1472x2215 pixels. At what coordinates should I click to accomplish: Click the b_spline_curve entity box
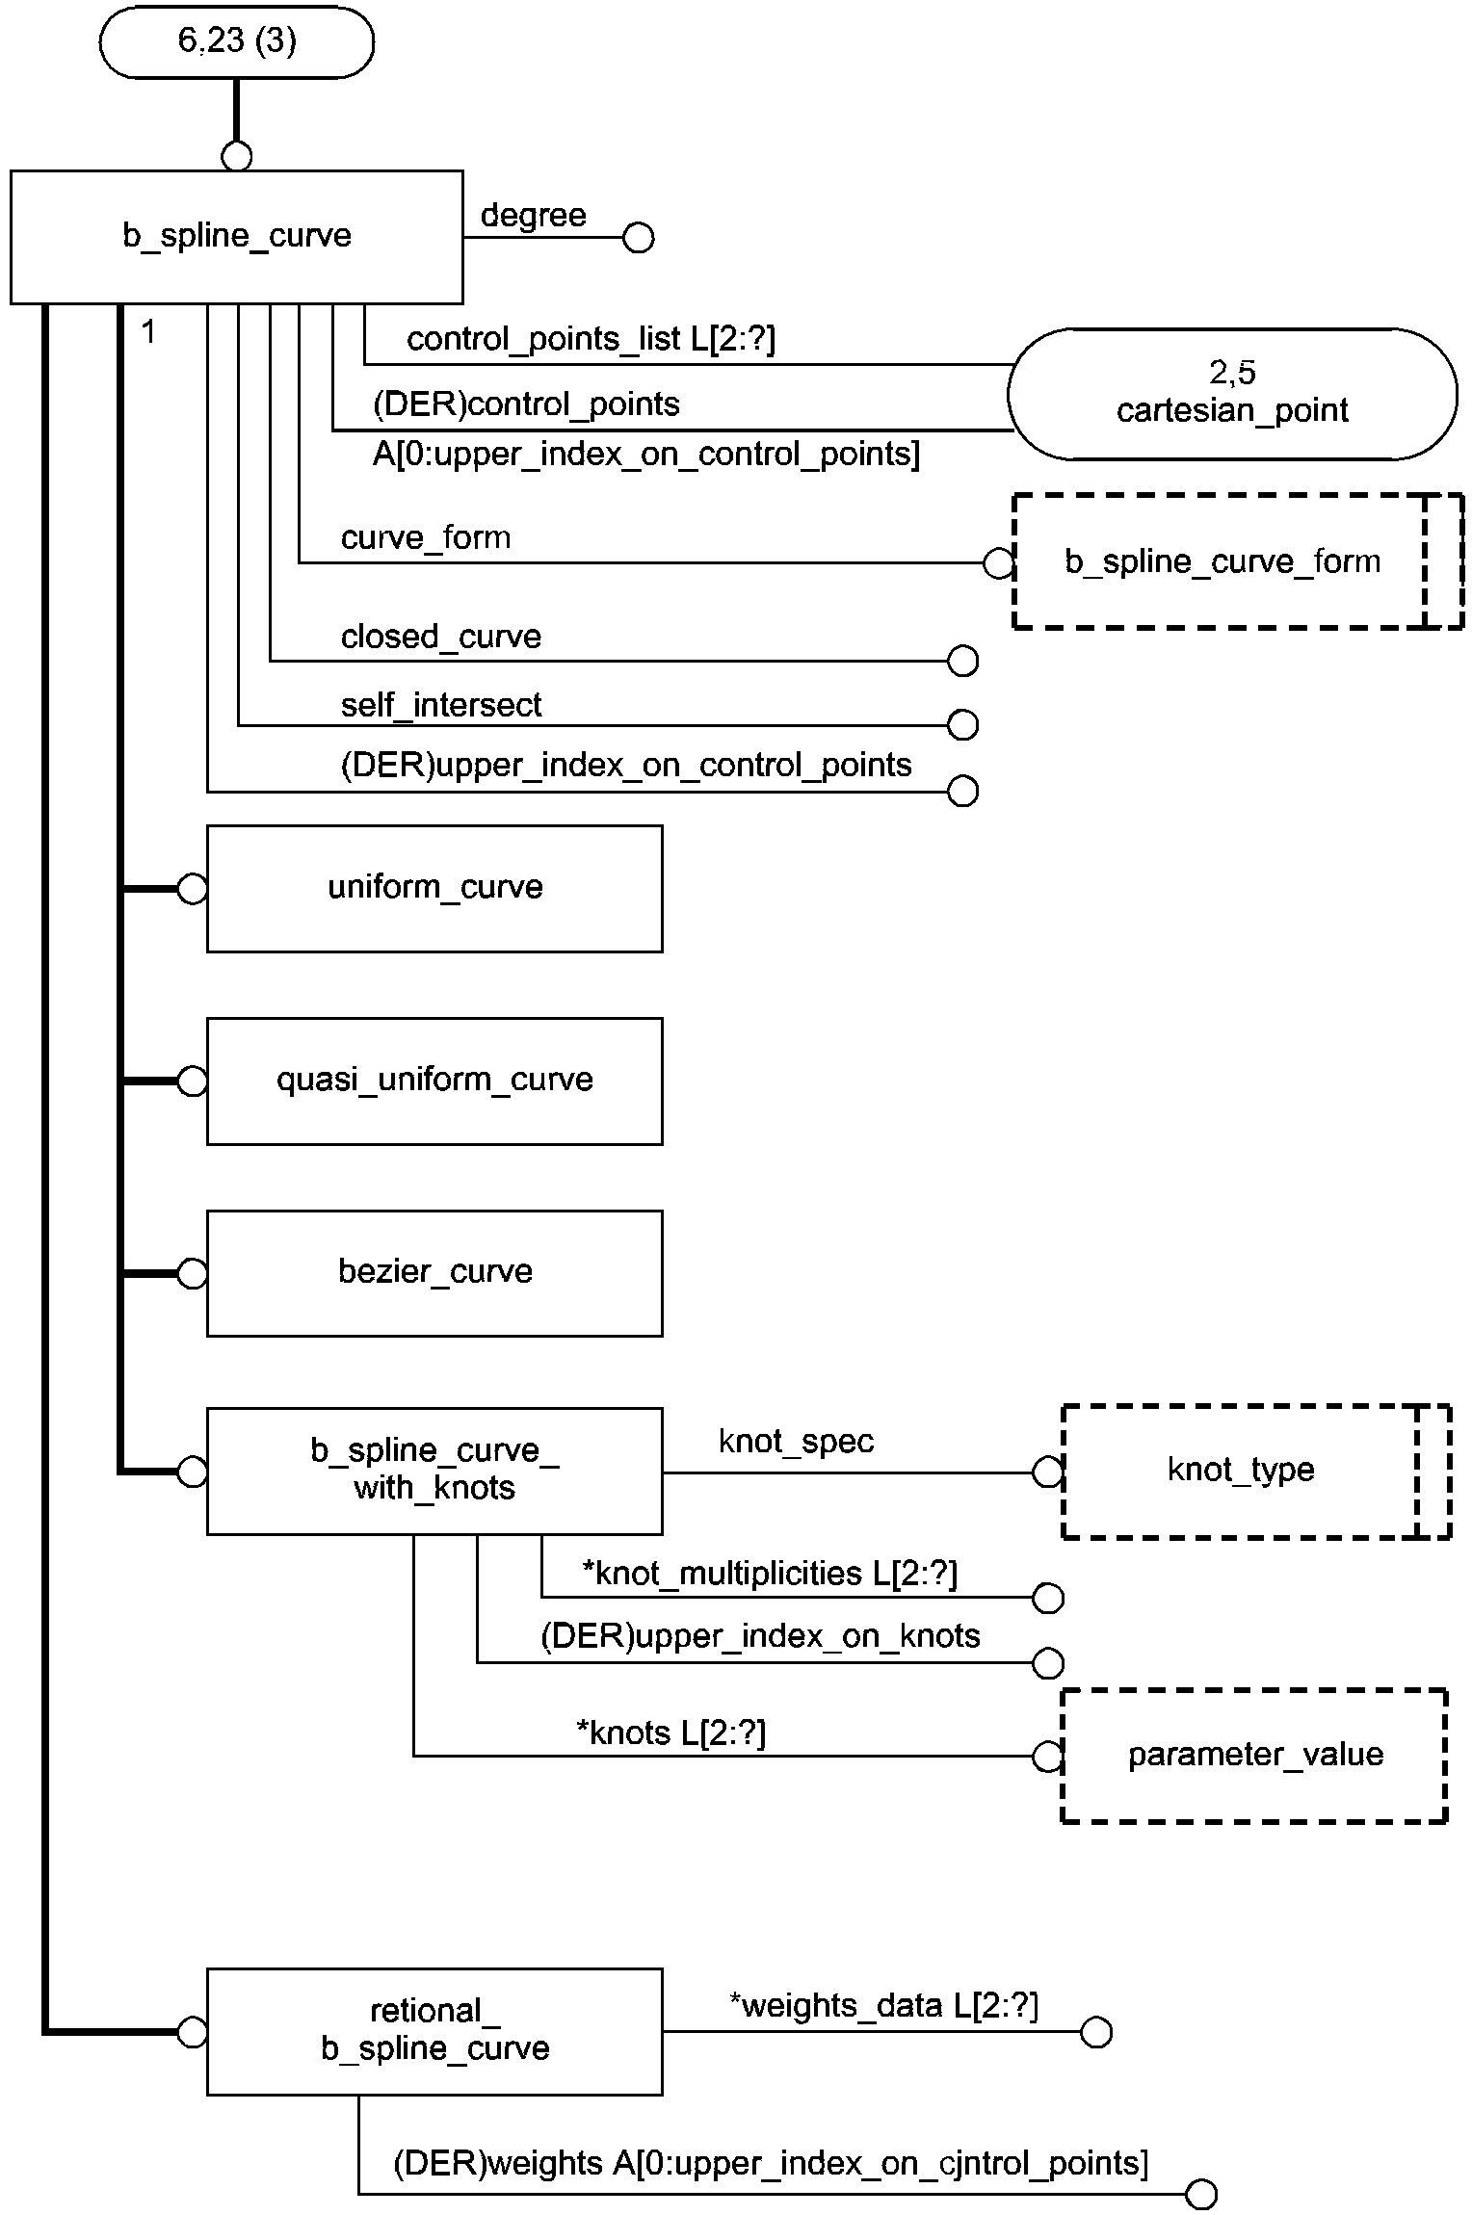(236, 237)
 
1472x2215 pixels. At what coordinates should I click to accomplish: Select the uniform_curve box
(434, 888)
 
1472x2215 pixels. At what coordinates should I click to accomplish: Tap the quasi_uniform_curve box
(434, 1081)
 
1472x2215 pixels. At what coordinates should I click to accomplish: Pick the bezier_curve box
(434, 1273)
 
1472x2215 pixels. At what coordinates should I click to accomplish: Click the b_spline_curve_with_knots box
(434, 1471)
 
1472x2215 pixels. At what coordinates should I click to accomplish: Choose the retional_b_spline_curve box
(434, 2031)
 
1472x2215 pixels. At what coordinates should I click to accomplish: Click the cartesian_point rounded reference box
(1232, 393)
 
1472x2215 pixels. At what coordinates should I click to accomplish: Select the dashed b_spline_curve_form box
(1238, 561)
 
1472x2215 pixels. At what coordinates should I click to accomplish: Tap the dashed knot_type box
(1256, 1471)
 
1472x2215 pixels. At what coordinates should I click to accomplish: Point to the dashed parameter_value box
(1254, 1755)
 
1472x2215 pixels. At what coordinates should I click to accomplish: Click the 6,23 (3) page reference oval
(237, 41)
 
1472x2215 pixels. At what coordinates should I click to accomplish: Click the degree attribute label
(533, 215)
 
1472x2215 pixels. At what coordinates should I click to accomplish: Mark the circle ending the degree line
(638, 237)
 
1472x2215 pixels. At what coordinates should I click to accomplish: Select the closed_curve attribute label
(440, 637)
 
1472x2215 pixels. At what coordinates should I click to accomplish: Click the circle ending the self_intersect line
(962, 724)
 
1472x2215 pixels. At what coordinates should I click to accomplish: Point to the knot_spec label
(796, 1441)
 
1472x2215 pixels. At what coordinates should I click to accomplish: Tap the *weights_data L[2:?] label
(883, 2005)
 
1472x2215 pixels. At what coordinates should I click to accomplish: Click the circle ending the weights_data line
(1095, 2032)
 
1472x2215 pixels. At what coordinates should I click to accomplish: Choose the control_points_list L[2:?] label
(591, 338)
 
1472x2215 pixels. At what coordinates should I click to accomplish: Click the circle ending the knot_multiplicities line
(1047, 1598)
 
